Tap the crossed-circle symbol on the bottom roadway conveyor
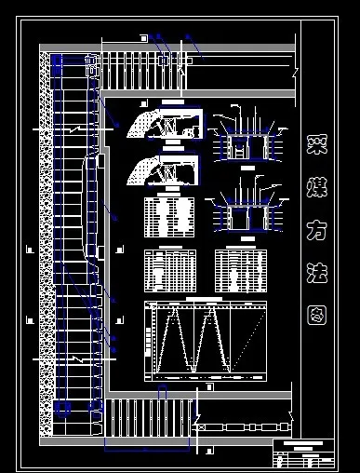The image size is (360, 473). [x=200, y=426]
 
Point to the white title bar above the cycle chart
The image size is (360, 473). [x=200, y=299]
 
